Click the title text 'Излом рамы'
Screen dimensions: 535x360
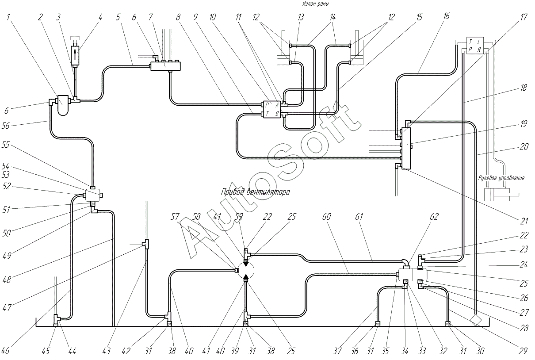pyautogui.click(x=316, y=4)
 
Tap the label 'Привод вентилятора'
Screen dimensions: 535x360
pyautogui.click(x=255, y=191)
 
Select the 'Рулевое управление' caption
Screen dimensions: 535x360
pyautogui.click(x=501, y=178)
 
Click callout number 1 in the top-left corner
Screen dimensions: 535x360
pyautogui.click(x=8, y=17)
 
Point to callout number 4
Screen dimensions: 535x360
pyautogui.click(x=100, y=17)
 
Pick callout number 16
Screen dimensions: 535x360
pyautogui.click(x=446, y=16)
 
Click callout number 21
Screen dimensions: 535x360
pyautogui.click(x=524, y=222)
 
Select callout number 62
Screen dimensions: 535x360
pyautogui.click(x=434, y=216)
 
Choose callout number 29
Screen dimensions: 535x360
pyautogui.click(x=523, y=351)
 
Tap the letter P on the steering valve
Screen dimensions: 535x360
pyautogui.click(x=470, y=50)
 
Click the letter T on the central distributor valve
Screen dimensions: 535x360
pyautogui.click(x=267, y=113)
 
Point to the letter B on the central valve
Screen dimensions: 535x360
pyautogui.click(x=277, y=113)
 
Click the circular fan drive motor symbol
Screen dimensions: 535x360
pyautogui.click(x=246, y=270)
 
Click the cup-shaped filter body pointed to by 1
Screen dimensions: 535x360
pyautogui.click(x=63, y=105)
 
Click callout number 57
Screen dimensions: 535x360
pyautogui.click(x=175, y=216)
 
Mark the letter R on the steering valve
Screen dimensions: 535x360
pyautogui.click(x=479, y=50)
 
